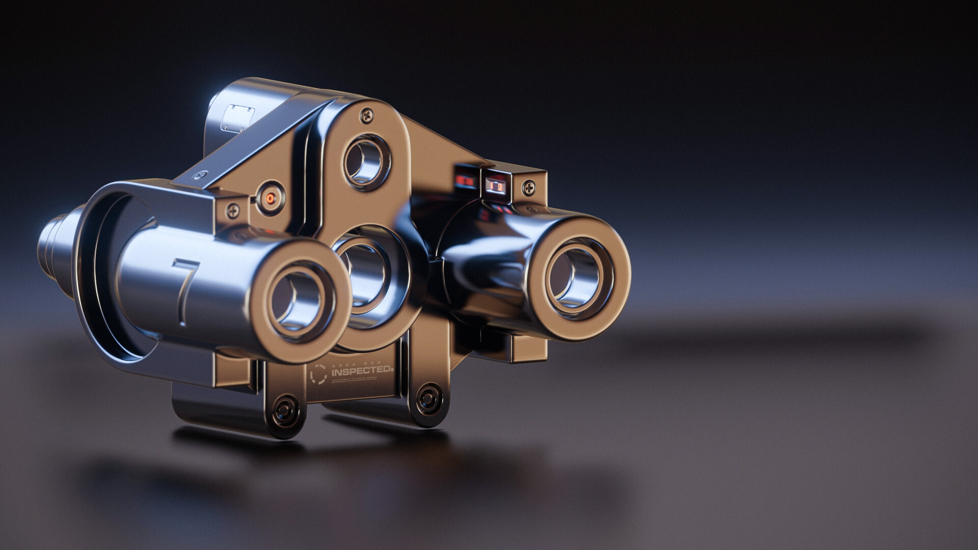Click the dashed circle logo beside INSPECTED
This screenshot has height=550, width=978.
(318, 374)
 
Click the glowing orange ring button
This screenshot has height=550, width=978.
(270, 199)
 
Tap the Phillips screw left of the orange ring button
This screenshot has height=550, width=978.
(234, 208)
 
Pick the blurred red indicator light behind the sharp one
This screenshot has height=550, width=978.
(464, 180)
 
